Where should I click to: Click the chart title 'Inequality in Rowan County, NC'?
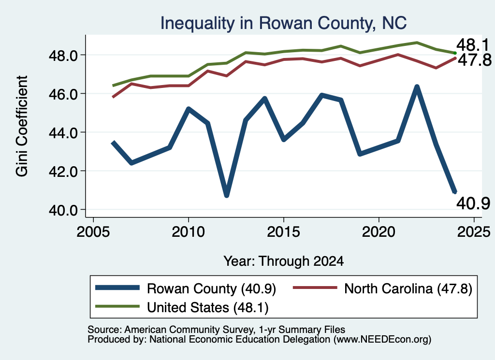point(283,23)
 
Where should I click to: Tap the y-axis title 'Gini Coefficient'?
point(22,126)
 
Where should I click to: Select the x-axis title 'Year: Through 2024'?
point(283,261)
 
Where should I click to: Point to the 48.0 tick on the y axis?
point(63,56)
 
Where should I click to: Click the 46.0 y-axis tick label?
point(63,94)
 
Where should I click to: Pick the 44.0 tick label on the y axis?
point(63,132)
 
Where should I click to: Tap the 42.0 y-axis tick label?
point(63,172)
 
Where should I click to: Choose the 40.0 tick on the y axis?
point(63,210)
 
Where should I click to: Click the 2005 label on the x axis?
point(93,232)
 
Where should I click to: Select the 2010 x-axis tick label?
point(189,232)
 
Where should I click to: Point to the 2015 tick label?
point(283,232)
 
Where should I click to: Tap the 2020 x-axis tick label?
point(379,232)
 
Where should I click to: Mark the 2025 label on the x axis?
point(474,232)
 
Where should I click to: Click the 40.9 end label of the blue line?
point(473,203)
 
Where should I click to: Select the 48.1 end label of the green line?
point(473,45)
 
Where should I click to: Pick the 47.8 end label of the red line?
point(475,60)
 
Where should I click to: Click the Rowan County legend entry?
point(186,288)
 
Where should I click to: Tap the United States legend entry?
point(182,307)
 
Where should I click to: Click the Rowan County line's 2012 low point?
point(226,195)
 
